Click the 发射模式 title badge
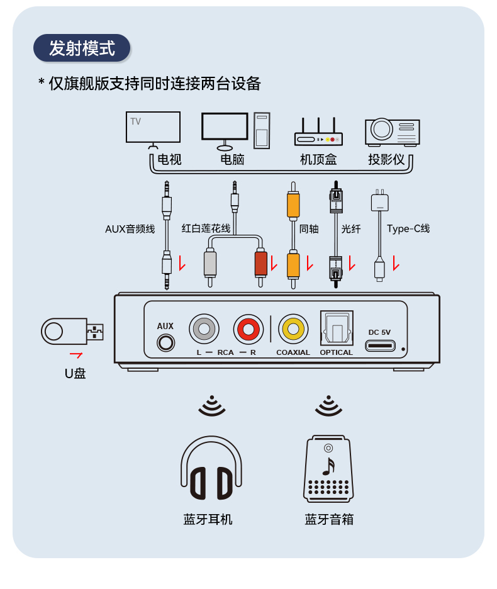coord(82,48)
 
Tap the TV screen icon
coord(153,127)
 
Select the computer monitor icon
coord(225,128)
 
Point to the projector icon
coord(391,131)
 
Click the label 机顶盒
coord(318,159)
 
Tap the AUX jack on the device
coord(165,343)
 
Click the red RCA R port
coord(248,328)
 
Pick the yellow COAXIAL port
coord(293,328)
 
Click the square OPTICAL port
coord(337,328)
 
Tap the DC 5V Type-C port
coord(380,345)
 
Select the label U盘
coord(75,373)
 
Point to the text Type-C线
coord(408,228)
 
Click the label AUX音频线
coord(130,229)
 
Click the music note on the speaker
coord(328,466)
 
